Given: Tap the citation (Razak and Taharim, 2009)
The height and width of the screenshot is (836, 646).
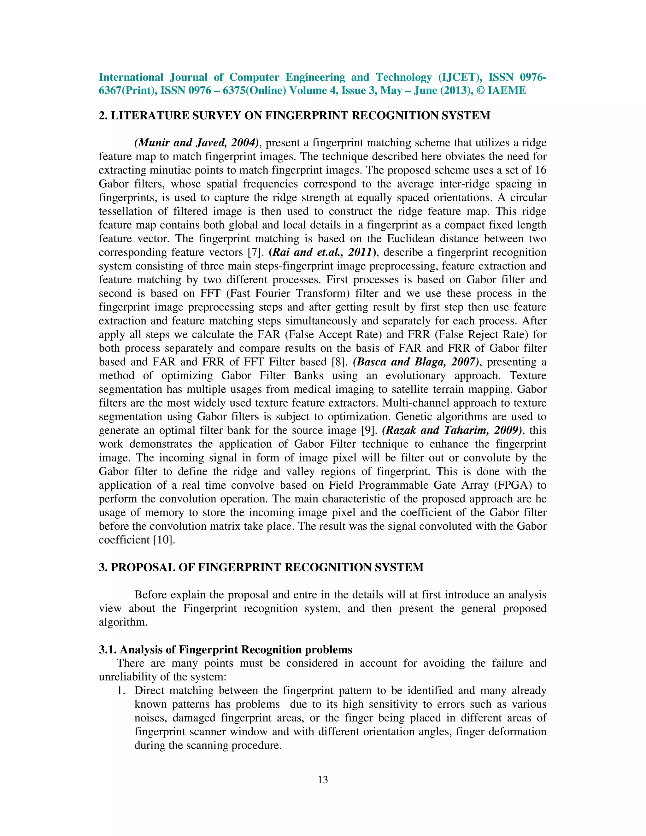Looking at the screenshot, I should tap(452, 430).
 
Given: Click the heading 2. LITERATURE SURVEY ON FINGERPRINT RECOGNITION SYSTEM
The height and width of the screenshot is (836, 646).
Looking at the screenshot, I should tap(294, 115).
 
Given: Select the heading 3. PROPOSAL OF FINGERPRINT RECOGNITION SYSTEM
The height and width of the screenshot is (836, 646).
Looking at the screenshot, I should tap(261, 567).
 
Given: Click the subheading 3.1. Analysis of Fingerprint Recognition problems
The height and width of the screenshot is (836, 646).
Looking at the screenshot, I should tap(226, 650).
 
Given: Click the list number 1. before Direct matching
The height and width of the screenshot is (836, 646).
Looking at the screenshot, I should tap(121, 691).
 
